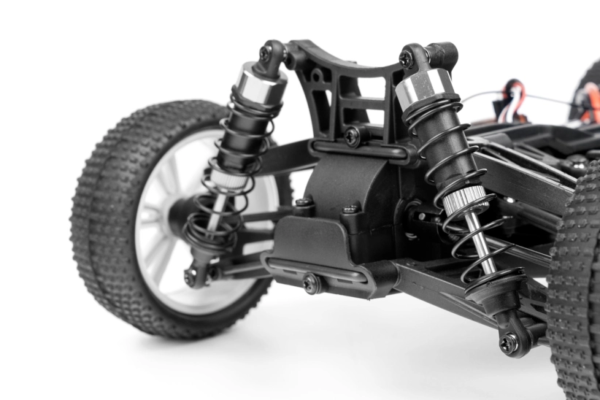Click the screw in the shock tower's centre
(353, 135)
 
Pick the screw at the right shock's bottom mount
(508, 342)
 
